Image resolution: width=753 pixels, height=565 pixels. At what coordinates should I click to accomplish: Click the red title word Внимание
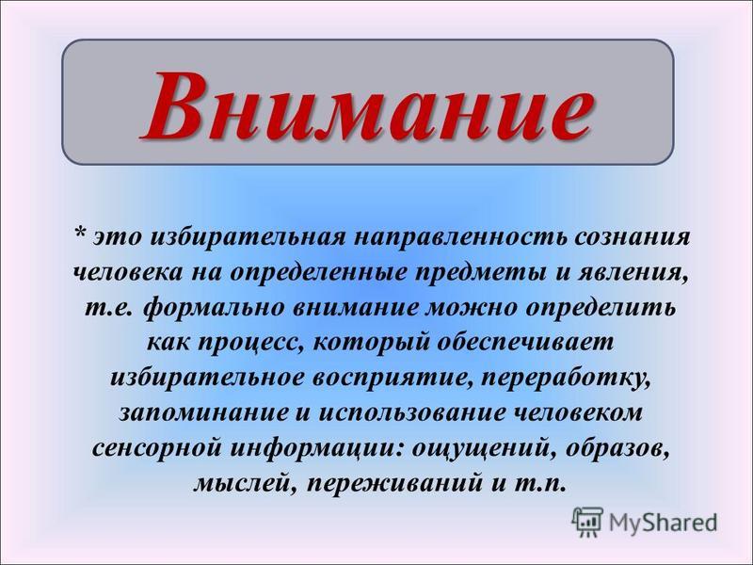pyautogui.click(x=367, y=105)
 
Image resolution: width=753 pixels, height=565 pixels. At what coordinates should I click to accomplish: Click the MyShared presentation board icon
pyautogui.click(x=587, y=522)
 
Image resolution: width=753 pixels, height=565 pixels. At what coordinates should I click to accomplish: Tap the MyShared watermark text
pyautogui.click(x=663, y=523)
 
